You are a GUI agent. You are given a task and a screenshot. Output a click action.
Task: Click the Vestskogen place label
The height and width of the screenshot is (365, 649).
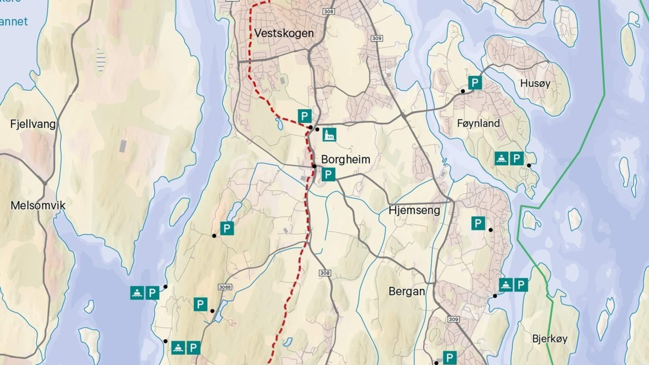click(284, 33)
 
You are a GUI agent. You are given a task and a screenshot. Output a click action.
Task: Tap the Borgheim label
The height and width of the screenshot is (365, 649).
click(345, 159)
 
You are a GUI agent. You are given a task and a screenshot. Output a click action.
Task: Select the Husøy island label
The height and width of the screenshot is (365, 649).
click(535, 83)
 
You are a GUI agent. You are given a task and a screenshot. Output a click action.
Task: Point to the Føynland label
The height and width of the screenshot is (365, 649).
click(478, 123)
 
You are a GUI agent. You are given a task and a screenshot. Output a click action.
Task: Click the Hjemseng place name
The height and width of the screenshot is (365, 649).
click(414, 210)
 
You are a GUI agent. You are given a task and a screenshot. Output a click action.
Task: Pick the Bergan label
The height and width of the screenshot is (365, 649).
click(407, 291)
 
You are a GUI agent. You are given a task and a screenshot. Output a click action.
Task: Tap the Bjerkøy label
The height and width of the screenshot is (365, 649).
click(550, 339)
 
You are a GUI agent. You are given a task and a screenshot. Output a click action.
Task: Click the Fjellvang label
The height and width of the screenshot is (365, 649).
click(33, 124)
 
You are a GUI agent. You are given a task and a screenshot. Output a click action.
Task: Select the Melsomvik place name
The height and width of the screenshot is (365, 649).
click(38, 205)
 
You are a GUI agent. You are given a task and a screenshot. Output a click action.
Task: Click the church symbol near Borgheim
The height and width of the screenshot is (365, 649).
click(329, 135)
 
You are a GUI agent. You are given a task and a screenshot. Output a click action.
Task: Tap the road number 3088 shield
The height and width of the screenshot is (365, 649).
click(225, 287)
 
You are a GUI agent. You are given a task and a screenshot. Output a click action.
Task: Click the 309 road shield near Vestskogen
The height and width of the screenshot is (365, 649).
click(377, 38)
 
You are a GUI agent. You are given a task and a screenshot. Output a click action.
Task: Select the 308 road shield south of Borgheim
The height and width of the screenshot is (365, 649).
click(324, 273)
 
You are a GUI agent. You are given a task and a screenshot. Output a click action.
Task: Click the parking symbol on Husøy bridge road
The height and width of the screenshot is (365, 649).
click(475, 82)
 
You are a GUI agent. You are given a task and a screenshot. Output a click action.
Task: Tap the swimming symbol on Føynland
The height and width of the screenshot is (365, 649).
click(502, 159)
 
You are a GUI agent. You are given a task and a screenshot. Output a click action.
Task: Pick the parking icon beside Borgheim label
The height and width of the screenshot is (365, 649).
click(328, 175)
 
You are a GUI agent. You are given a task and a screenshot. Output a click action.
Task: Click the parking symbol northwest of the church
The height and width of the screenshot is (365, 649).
click(305, 116)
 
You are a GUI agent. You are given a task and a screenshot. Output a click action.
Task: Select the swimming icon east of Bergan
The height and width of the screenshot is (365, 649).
click(506, 285)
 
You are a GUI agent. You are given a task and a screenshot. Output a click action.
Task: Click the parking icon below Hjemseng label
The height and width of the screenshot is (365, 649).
click(478, 223)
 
